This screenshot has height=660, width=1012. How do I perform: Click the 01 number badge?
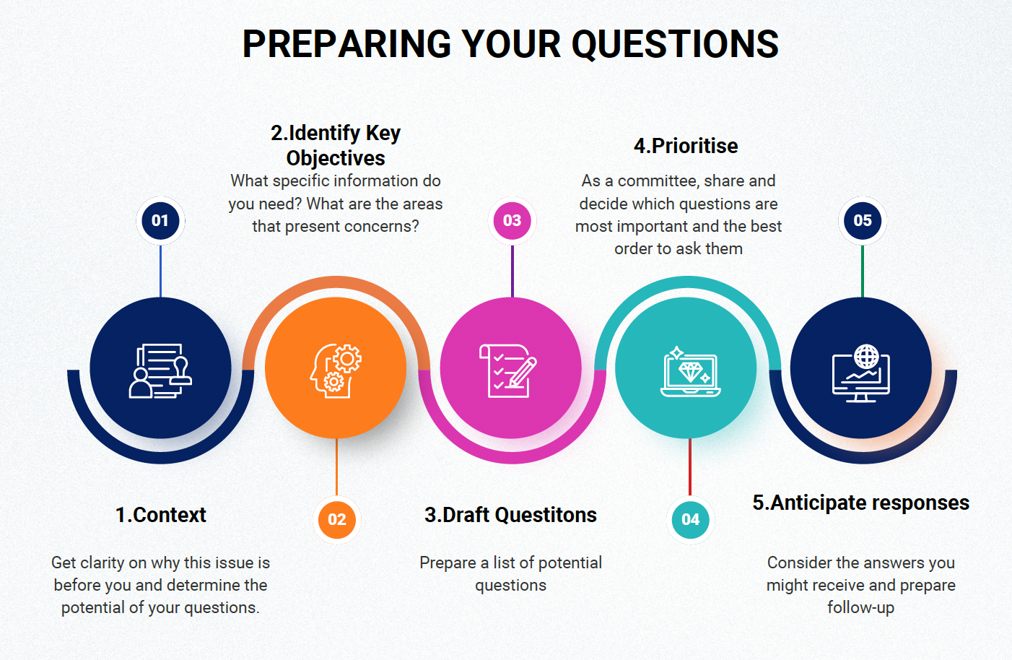(160, 221)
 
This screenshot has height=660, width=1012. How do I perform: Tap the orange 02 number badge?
(336, 519)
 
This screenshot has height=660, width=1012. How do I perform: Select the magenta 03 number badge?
(512, 221)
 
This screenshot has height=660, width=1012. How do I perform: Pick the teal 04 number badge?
(690, 519)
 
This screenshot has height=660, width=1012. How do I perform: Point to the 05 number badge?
(863, 221)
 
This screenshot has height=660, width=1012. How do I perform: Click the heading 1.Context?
(161, 515)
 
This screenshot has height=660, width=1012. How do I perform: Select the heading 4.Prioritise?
(686, 146)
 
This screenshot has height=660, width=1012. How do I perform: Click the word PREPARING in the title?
(346, 44)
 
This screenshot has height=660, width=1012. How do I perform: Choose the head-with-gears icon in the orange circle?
(336, 371)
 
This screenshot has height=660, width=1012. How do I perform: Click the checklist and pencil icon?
(508, 371)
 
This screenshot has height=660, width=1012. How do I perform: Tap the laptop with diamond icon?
(690, 372)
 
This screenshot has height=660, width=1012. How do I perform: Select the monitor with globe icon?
(861, 373)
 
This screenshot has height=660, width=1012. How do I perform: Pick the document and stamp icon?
(160, 371)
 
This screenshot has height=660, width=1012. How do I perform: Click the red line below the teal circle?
(690, 466)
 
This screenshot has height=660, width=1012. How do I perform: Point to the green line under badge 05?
(863, 272)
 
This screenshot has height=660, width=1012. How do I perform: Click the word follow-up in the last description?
(860, 607)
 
